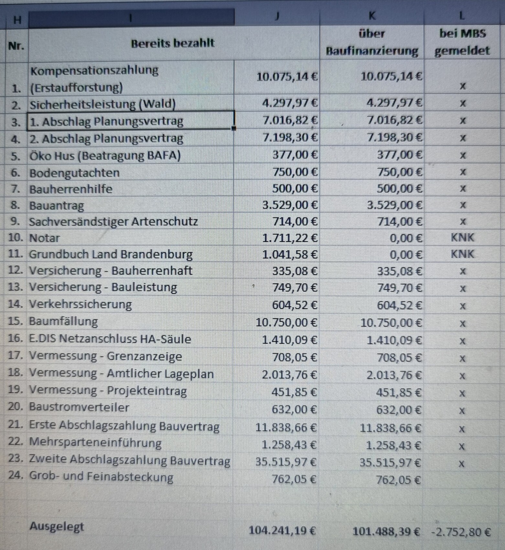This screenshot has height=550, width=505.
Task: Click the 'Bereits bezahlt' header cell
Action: point(172,43)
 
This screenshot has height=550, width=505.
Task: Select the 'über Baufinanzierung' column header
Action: point(372,42)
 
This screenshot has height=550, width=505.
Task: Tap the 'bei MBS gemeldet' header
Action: point(462,42)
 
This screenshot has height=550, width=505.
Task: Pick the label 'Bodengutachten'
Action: point(74,173)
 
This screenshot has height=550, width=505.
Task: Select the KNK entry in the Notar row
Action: point(462,238)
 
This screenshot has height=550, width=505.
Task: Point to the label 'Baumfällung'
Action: point(63,321)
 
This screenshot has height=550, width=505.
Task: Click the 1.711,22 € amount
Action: point(290,238)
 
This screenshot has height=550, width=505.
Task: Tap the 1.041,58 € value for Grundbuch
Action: point(290,255)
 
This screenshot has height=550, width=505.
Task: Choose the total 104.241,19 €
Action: point(282,531)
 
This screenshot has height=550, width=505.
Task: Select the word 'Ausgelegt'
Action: point(57,526)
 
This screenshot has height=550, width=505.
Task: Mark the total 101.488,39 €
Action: point(386,531)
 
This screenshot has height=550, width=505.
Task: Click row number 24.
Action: point(15,476)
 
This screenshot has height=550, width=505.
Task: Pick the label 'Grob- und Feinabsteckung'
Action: point(101,477)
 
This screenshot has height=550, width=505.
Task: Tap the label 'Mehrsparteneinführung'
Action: point(95,442)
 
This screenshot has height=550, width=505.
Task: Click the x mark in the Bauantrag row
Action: point(463,205)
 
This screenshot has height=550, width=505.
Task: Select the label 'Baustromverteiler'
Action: point(79,407)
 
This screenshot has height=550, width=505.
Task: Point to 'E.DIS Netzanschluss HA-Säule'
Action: point(110,339)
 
